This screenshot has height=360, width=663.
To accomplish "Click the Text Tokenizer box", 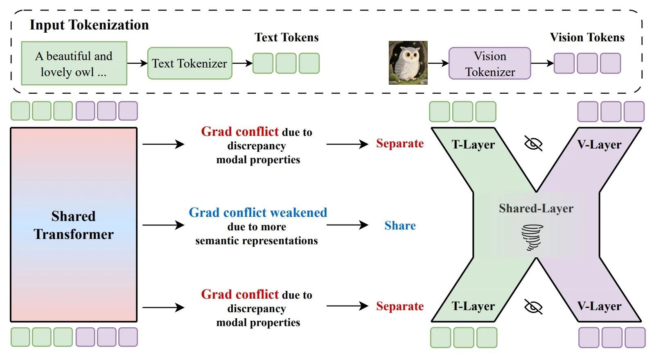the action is [190, 63].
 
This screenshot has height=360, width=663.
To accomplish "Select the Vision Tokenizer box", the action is [489, 63].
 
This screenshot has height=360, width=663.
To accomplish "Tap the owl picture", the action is [408, 63].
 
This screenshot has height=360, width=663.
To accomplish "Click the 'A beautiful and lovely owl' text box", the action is [74, 63].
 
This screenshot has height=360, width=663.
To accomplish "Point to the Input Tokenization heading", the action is [89, 25].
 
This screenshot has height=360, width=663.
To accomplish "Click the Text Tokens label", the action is [286, 37].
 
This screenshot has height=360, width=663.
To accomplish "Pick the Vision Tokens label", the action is [587, 37].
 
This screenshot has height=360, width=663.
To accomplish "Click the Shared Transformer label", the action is [73, 225].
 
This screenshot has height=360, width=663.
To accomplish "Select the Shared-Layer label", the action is [536, 208].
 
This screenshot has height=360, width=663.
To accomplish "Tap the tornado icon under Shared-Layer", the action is [532, 238].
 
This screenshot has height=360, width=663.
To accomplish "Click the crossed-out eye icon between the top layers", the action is [533, 144].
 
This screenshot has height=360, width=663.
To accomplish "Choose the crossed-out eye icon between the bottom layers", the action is [533, 306].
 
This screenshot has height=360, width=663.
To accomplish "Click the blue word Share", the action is [400, 225].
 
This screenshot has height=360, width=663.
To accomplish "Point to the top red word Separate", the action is [400, 144].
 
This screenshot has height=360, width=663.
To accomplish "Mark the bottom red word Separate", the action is [400, 306].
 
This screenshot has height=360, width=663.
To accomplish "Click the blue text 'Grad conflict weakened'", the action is [258, 212].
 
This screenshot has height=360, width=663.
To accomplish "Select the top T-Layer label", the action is [473, 144].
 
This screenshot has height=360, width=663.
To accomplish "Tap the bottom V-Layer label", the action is [600, 306].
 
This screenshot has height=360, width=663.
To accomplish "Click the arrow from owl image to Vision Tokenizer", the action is [438, 63].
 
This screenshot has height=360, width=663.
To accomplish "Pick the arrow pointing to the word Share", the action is [347, 225].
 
